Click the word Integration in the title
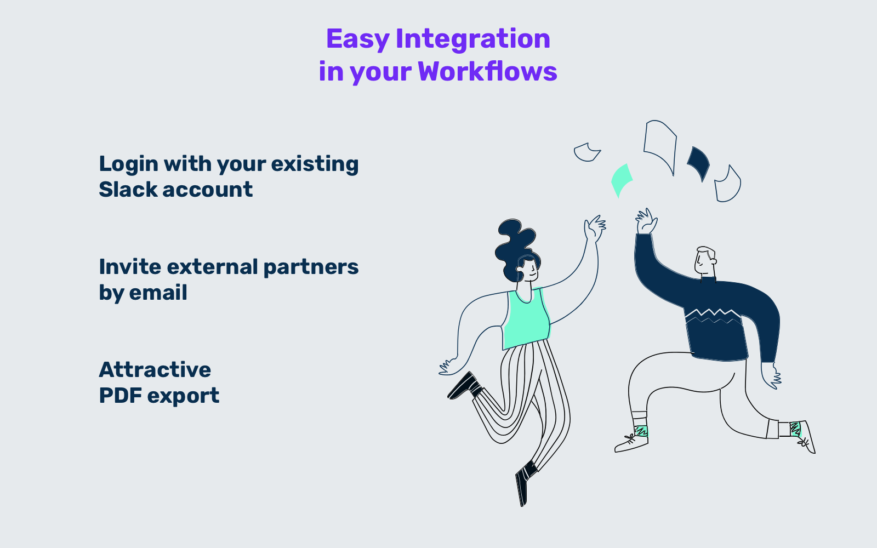tap(472, 39)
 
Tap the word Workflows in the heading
tap(487, 72)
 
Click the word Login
tap(128, 164)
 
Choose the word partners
tap(310, 267)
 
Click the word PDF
tap(119, 396)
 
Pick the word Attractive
tap(155, 370)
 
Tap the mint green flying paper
tap(621, 179)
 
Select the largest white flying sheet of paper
tap(660, 144)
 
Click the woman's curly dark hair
tap(514, 244)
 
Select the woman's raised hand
tap(594, 227)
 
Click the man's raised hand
tap(646, 221)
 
